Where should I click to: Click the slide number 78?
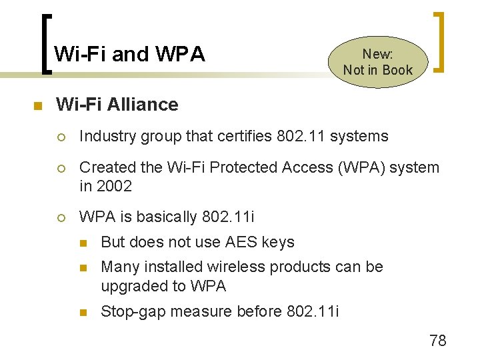(438, 341)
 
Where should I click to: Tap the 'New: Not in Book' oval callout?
(378, 62)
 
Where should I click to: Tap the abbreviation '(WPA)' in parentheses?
(359, 167)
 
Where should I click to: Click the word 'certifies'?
(239, 137)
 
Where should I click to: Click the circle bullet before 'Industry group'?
(61, 137)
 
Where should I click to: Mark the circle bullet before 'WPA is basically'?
(61, 218)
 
